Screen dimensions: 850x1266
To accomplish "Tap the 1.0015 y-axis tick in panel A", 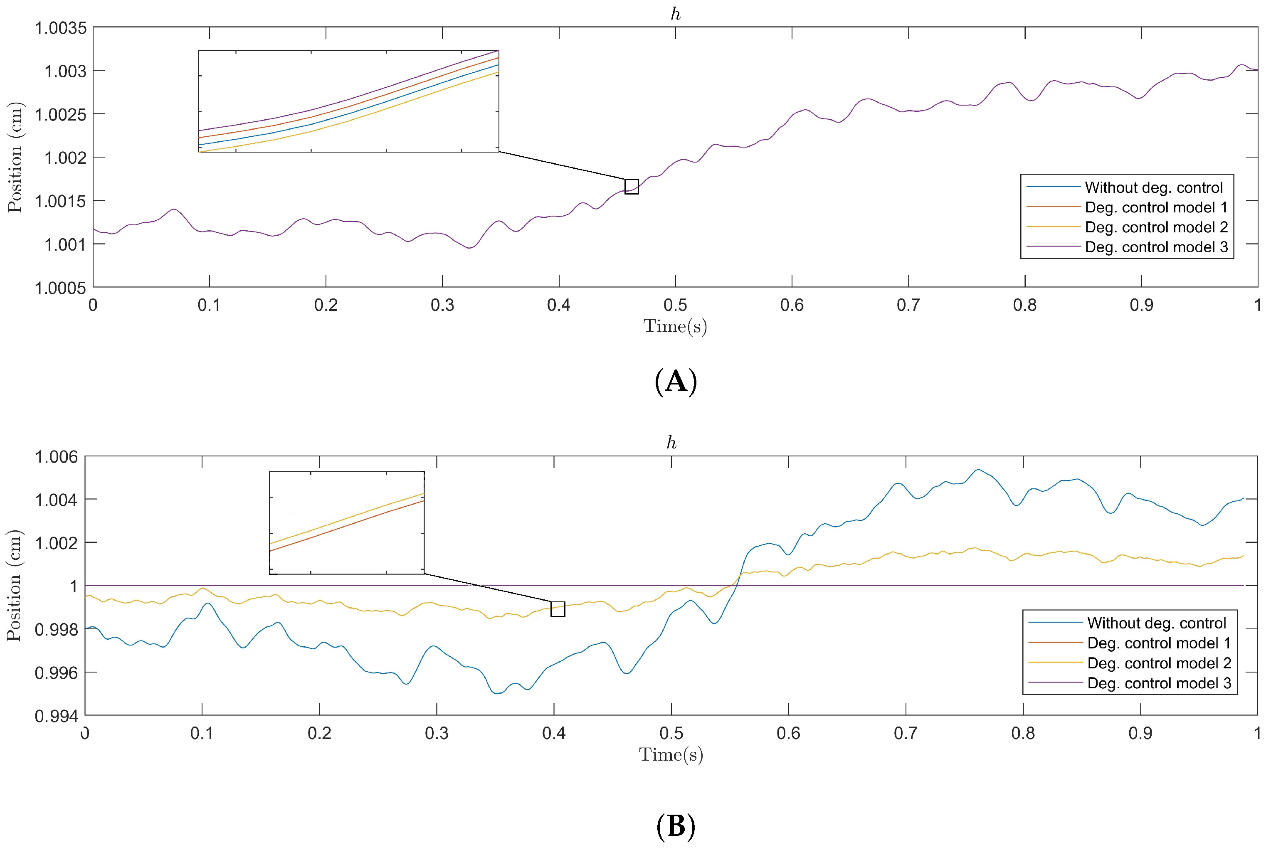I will tap(60, 201).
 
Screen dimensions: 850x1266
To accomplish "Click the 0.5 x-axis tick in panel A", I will tap(675, 305).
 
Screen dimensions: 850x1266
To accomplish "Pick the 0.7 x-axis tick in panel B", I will tap(906, 734).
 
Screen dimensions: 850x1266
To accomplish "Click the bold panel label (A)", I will tap(675, 382).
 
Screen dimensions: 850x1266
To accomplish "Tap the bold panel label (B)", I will tap(675, 827).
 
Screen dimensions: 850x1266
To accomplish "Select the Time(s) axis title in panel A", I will tap(675, 326).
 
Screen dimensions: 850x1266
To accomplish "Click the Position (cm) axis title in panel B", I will tap(15, 586).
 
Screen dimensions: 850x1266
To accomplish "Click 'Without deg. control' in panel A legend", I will tap(1153, 187).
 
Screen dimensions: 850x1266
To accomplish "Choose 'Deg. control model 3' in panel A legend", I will tap(1156, 247).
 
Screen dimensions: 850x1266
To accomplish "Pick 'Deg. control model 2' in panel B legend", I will tap(1159, 663).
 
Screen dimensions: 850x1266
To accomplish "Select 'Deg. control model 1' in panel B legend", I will tap(1159, 643).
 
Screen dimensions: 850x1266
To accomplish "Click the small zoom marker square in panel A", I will tap(631, 187).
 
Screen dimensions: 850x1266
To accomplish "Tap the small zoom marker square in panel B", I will tap(558, 609).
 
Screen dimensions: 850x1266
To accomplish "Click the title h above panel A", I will tap(675, 15).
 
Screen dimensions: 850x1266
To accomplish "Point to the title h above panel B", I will tap(671, 443).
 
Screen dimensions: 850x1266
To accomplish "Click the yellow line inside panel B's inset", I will tap(347, 518).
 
